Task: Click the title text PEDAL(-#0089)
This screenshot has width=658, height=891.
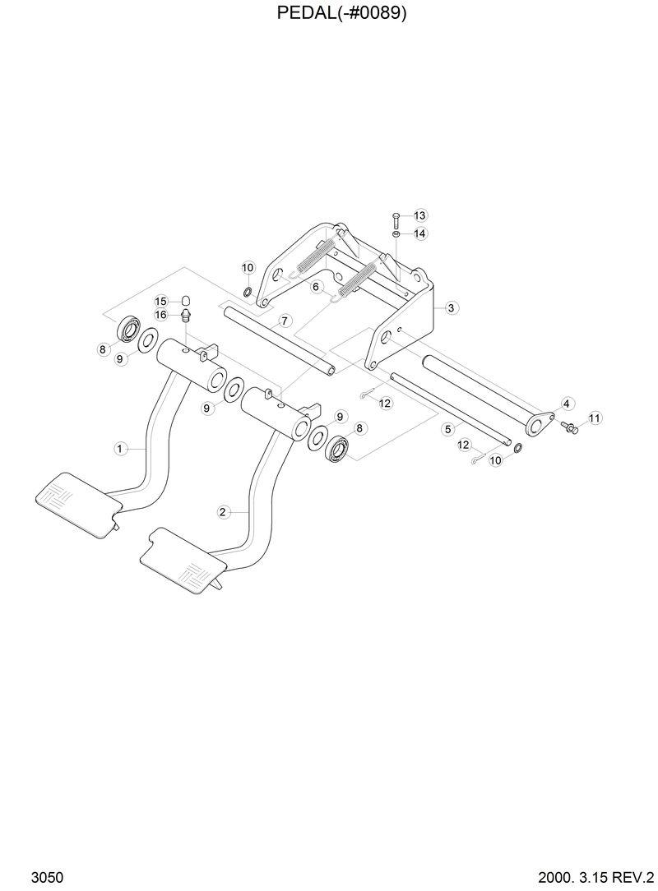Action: (x=329, y=13)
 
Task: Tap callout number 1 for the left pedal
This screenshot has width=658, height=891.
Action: (x=120, y=448)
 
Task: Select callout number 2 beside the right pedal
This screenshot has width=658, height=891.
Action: (x=223, y=512)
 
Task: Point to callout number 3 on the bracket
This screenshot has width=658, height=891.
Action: (x=452, y=307)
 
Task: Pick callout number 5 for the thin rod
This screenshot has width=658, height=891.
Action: (x=448, y=428)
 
